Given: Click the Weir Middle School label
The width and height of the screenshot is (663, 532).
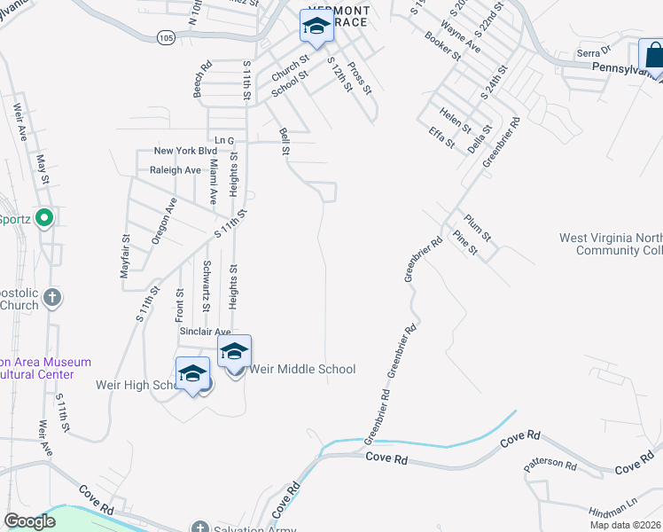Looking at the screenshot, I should point(303,369).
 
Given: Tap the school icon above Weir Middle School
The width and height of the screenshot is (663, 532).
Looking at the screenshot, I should point(235,351).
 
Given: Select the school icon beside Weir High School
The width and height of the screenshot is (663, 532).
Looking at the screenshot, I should point(192,373).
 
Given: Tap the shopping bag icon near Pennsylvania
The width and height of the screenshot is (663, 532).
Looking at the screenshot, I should point(653,56).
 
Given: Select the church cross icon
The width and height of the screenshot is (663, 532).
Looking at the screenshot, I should point(52,297).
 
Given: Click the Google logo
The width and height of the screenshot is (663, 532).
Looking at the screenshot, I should point(29,521).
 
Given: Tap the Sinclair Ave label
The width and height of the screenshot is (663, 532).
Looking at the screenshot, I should point(206,331).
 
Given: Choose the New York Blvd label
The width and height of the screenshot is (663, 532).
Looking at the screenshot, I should point(185,152).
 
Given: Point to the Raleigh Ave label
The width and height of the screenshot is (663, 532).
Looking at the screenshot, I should point(175,169).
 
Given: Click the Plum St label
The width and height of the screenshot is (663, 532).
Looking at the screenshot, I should point(477,227).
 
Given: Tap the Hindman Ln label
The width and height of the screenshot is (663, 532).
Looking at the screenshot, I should point(612,508).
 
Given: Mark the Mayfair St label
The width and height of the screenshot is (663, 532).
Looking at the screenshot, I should point(126,256).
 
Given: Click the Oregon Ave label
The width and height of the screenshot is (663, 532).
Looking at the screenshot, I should point(165,221).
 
